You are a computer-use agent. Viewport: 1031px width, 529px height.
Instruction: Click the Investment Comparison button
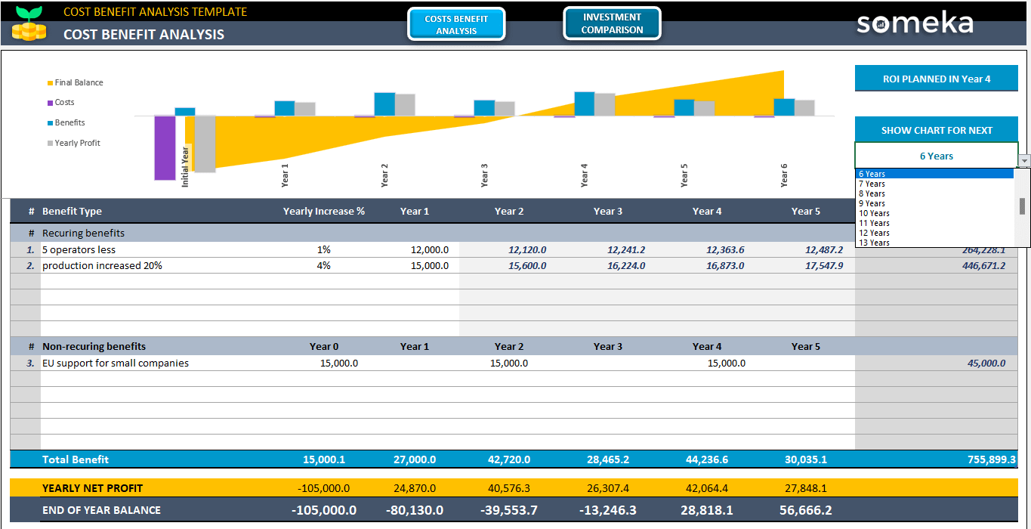pos(612,23)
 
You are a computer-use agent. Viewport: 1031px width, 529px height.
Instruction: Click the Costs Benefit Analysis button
pos(456,25)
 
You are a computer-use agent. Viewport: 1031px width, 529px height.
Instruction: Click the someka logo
pos(915,23)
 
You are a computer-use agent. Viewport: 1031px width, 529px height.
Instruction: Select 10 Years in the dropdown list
pos(874,213)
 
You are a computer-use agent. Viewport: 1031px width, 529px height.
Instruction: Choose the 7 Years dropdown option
pos(875,184)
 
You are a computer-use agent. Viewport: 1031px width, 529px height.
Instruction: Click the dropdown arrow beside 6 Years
pos(1024,160)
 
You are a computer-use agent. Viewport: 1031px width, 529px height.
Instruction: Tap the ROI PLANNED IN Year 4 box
pos(936,79)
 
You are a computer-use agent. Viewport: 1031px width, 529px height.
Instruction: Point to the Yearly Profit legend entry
pos(76,143)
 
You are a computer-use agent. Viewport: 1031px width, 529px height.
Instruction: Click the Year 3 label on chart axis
pos(484,175)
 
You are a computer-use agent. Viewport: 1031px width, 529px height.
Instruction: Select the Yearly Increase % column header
pos(323,212)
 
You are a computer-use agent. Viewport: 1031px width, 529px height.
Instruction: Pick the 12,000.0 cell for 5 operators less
pos(429,249)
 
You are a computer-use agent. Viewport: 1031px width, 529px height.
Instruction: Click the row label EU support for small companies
pos(116,363)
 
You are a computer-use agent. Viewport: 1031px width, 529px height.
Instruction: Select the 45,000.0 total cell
pos(986,363)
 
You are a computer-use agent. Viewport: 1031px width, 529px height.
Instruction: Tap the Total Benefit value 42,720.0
pos(508,459)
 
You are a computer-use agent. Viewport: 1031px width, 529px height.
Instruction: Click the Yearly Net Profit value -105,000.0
pos(324,488)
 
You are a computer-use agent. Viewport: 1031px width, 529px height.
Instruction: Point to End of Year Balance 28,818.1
pos(707,510)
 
